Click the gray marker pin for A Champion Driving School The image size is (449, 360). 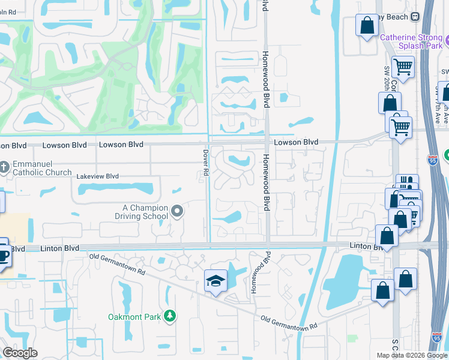coord(177,211)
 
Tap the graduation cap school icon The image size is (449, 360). coord(215,280)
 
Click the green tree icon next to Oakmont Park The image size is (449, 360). coord(170,316)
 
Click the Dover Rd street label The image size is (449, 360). coord(205,163)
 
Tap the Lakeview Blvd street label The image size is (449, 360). coord(97,176)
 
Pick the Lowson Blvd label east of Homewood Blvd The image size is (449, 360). coord(296,142)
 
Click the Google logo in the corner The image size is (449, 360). coord(20,353)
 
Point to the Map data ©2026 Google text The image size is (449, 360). coord(412,355)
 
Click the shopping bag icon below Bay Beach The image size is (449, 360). coord(366,25)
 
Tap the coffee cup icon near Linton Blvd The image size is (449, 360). coord(2,256)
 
